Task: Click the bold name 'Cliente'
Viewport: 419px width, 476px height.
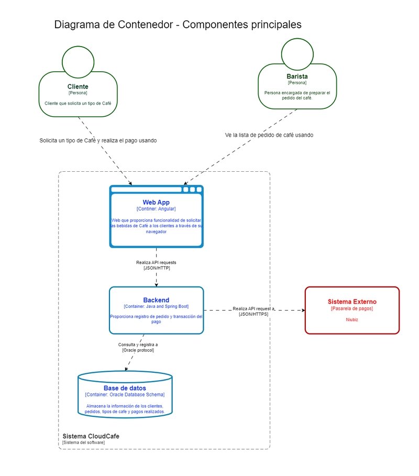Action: point(78,86)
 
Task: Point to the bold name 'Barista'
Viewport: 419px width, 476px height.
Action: point(297,76)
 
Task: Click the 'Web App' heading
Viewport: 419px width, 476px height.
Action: point(156,202)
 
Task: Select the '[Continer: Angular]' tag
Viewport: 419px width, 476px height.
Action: point(156,209)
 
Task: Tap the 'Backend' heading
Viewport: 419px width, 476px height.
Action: point(156,300)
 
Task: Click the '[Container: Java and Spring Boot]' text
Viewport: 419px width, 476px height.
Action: point(156,306)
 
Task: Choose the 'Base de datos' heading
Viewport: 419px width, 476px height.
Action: point(125,388)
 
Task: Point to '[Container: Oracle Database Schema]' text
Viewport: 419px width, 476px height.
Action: point(125,394)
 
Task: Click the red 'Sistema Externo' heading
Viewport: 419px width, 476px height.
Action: point(352,302)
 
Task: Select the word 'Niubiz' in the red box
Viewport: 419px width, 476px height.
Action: point(352,319)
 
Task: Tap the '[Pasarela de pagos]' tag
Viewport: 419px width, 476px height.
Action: point(352,308)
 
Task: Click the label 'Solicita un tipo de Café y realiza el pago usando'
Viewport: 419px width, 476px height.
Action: point(98,140)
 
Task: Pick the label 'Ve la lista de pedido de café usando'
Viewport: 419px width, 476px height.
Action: point(269,135)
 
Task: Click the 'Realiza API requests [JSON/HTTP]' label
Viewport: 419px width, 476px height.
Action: point(156,265)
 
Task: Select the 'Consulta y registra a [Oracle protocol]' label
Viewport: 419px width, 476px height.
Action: point(138,347)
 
